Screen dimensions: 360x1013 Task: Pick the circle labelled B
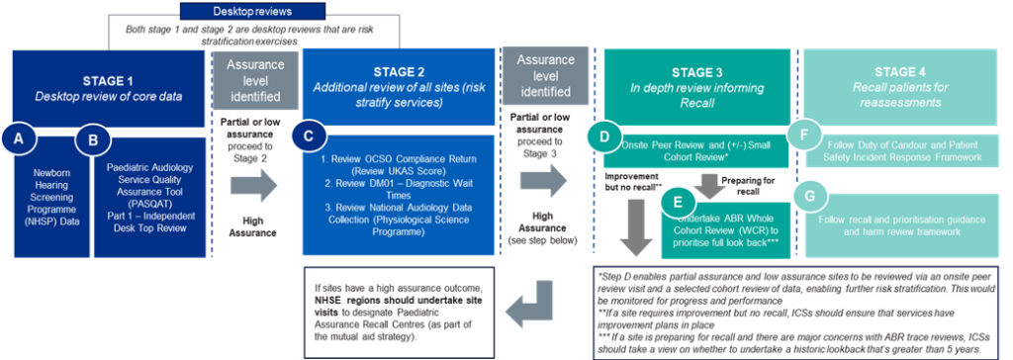pyautogui.click(x=93, y=140)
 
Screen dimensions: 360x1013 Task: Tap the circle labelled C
pyautogui.click(x=312, y=137)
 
